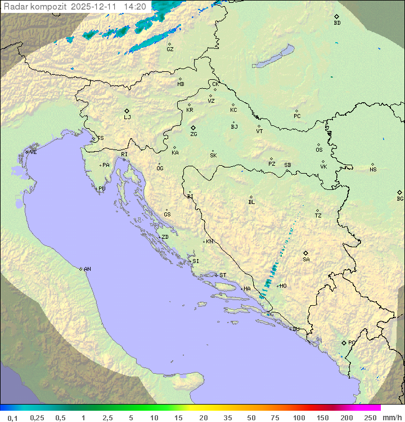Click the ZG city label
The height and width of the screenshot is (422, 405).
tap(193, 135)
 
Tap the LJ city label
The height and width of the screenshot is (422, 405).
tap(127, 117)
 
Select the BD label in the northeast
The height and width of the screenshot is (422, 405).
tap(337, 23)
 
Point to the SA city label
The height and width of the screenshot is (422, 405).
tap(306, 260)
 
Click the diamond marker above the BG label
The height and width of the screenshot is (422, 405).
tap(399, 192)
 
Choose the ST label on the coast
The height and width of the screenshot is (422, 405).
tap(223, 275)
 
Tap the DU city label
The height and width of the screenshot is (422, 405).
tap(295, 329)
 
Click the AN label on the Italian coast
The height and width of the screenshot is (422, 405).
tap(87, 269)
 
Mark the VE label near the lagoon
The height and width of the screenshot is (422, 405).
tap(33, 152)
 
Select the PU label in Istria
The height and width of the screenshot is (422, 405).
tap(102, 189)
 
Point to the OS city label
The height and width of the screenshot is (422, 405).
tap(319, 150)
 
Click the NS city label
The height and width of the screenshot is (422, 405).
tap(373, 170)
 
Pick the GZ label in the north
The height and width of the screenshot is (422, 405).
tap(170, 49)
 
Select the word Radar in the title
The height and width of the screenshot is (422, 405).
tap(15, 7)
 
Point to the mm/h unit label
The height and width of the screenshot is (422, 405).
tap(391, 418)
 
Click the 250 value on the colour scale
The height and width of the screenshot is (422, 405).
tap(370, 418)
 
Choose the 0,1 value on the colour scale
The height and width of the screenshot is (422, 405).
tap(12, 418)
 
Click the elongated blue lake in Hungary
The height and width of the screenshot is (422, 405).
tap(273, 57)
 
